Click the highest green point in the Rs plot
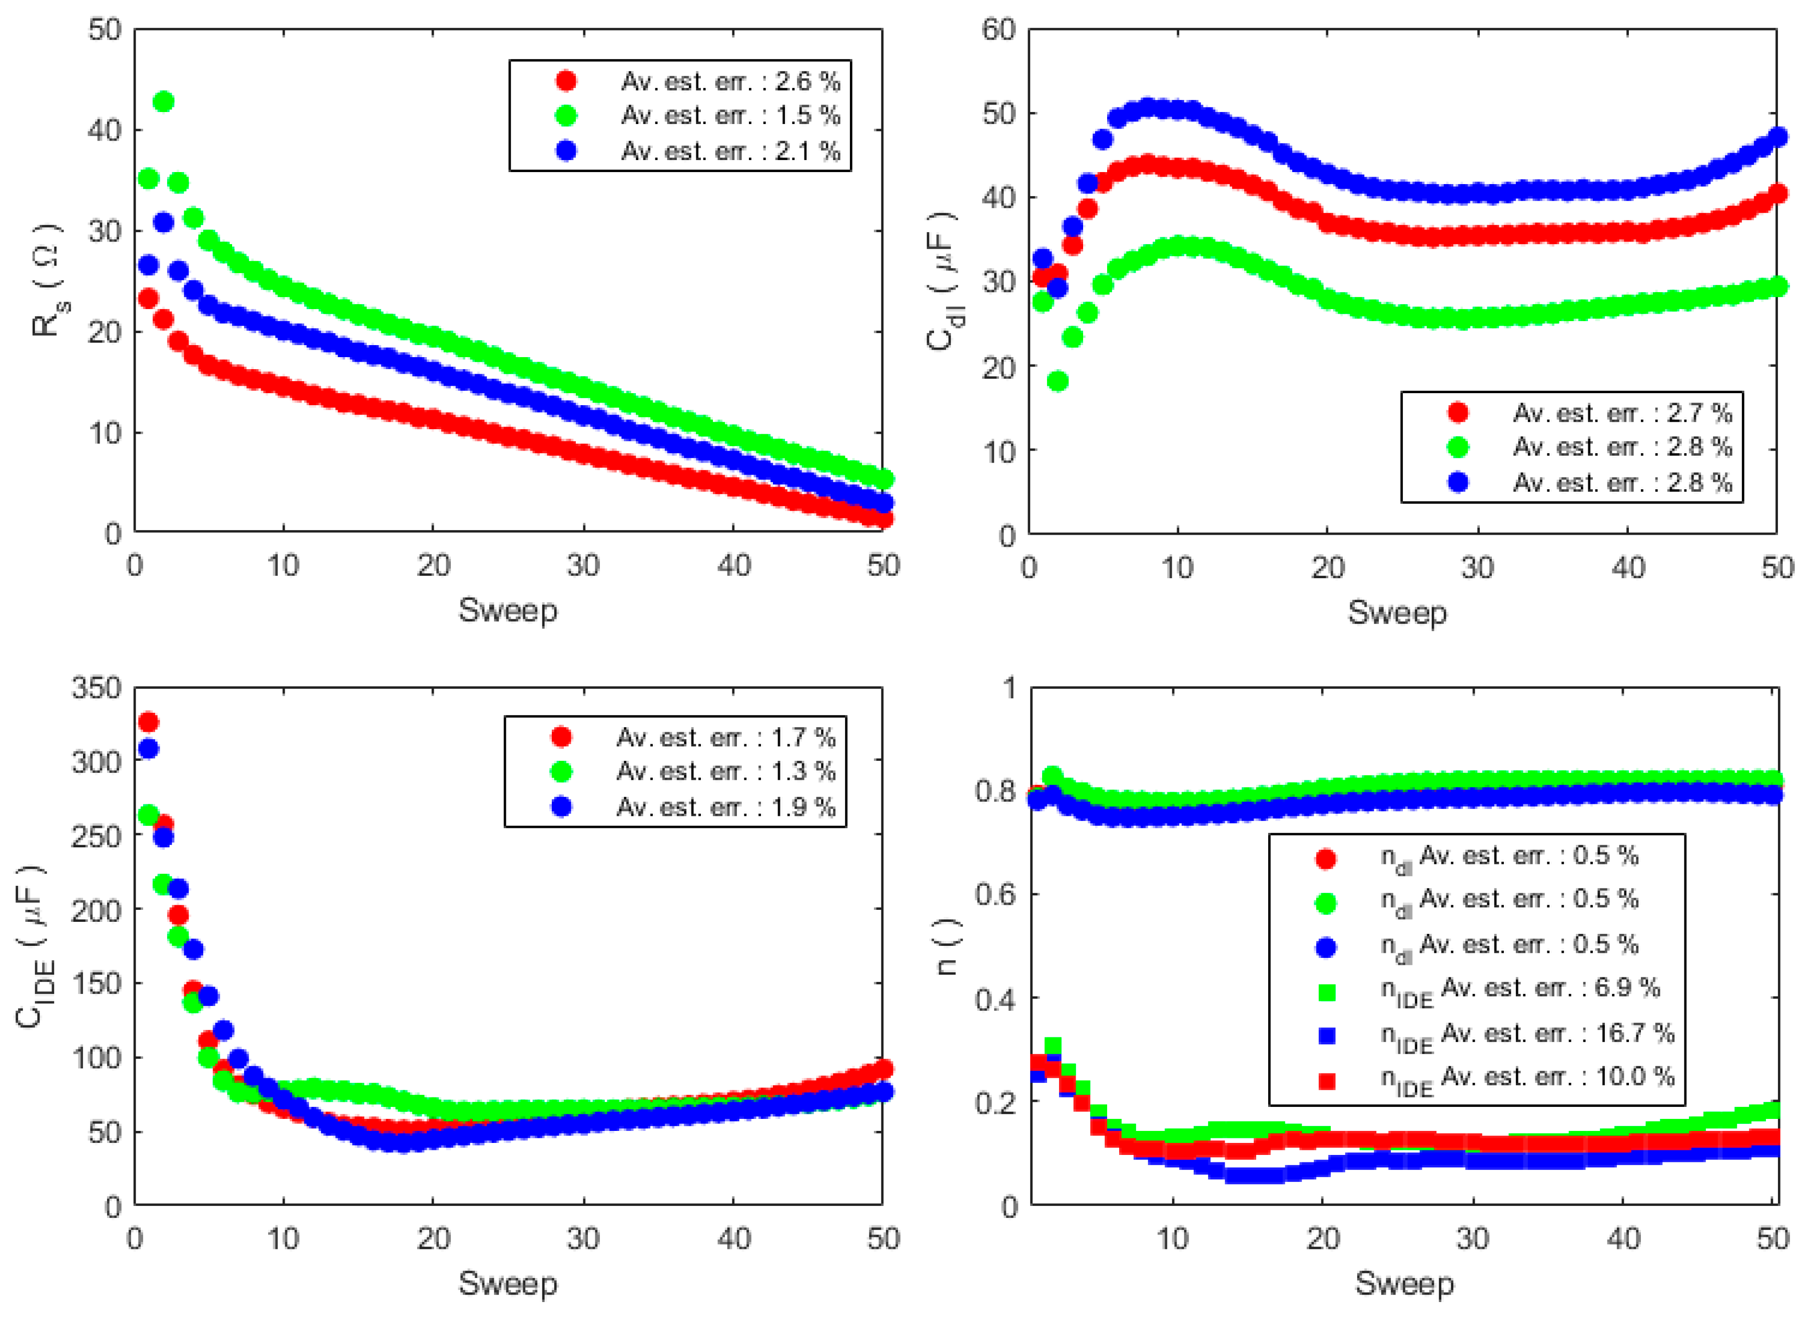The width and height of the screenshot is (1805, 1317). [164, 101]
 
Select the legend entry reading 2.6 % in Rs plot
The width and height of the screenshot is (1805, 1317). [729, 82]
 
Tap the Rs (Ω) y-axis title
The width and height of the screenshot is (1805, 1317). [46, 281]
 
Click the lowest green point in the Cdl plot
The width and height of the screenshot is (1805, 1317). [1058, 381]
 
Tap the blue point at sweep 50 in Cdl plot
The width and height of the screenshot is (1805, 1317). [1777, 137]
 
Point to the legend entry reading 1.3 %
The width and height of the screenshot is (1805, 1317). [725, 772]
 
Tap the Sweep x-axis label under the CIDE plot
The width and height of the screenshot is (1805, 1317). [508, 1283]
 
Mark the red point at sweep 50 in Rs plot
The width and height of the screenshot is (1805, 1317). [883, 519]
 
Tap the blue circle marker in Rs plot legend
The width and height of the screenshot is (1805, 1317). [566, 151]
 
